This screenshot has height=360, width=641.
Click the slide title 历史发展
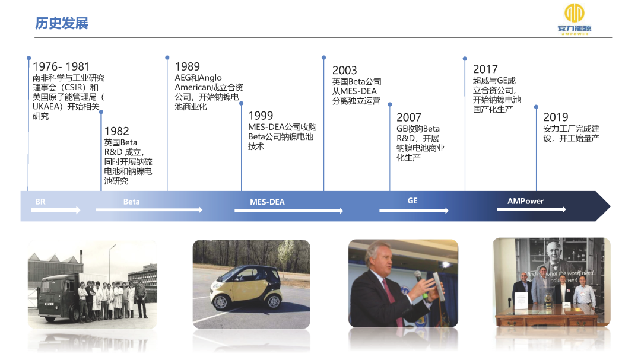click(62, 23)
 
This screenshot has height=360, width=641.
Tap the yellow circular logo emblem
click(575, 13)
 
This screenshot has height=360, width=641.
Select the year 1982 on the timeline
click(116, 131)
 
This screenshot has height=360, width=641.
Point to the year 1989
click(187, 66)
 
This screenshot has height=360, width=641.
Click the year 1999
click(261, 116)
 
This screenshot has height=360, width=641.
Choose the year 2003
click(344, 71)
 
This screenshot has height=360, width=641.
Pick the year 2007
click(409, 117)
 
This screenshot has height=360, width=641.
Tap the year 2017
click(485, 69)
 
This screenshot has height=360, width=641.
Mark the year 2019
click(556, 117)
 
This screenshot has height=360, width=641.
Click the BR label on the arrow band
click(40, 202)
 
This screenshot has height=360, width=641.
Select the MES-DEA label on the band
click(267, 202)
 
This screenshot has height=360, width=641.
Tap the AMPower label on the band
click(526, 201)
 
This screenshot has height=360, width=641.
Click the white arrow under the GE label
click(414, 211)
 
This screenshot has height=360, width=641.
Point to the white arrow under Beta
click(149, 209)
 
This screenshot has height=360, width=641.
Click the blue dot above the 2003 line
click(324, 58)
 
